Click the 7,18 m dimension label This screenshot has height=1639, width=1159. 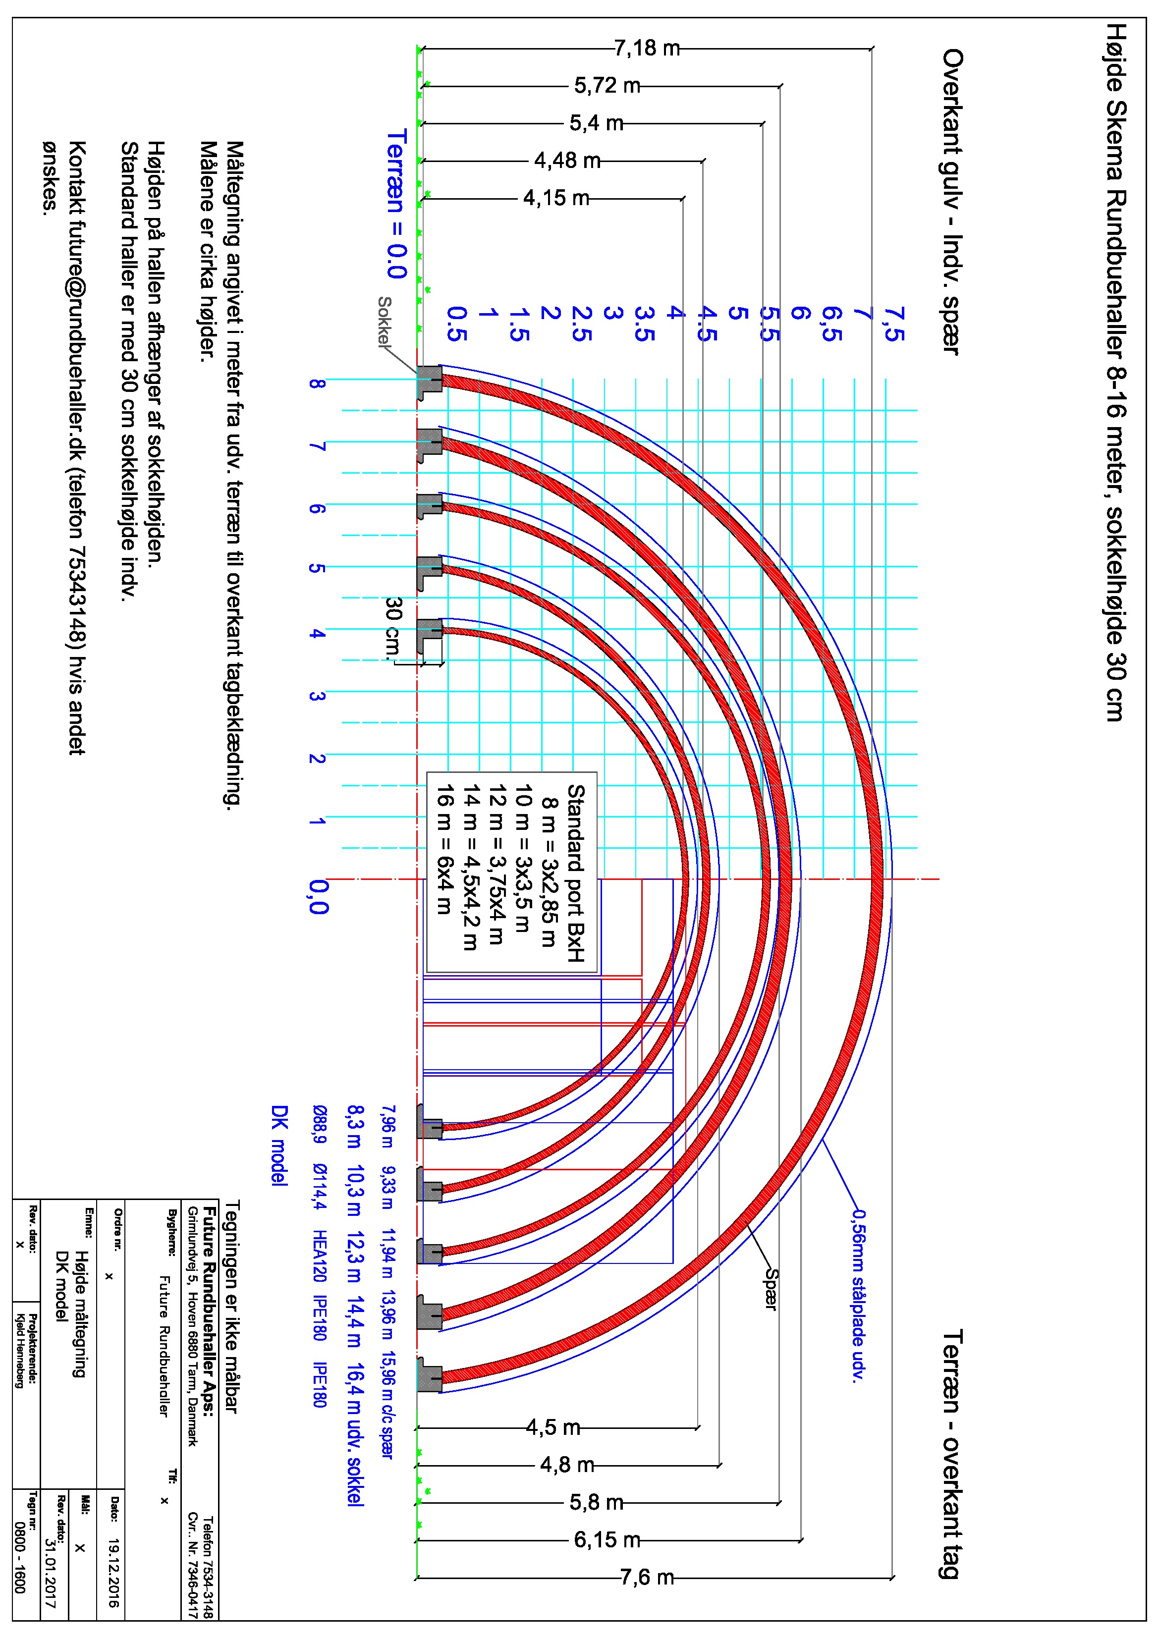pos(647,48)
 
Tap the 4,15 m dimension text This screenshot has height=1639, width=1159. pos(556,198)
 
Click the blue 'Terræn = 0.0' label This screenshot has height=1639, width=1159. pos(396,204)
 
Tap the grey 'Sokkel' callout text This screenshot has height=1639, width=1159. pos(384,321)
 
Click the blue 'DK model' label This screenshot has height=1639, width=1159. pos(279,1146)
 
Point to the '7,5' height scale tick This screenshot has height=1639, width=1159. pos(893,325)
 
